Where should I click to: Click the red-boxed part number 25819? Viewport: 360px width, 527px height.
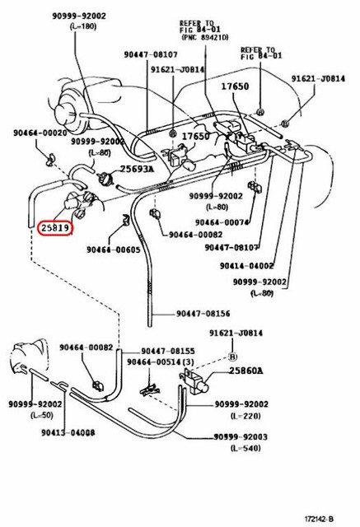coord(55,227)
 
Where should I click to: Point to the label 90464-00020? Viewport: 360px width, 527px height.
coord(39,133)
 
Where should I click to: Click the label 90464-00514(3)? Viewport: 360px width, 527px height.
coord(161,362)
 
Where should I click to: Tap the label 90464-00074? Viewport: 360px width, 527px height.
coord(222,222)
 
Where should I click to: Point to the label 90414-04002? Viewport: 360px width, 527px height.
coord(246,266)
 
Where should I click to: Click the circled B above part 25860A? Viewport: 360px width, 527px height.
coord(232,357)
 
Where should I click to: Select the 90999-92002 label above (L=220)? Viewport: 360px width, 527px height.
coord(241,404)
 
